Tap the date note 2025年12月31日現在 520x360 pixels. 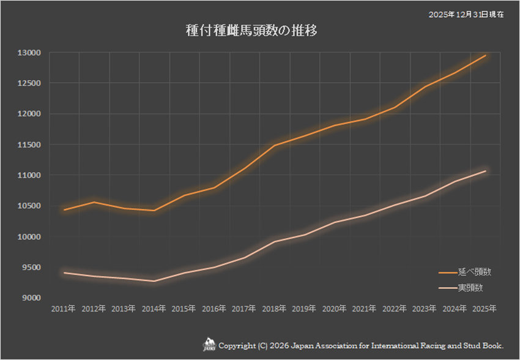pyautogui.click(x=467, y=14)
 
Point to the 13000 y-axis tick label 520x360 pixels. pyautogui.click(x=29, y=53)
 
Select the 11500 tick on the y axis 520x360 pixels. pyautogui.click(x=29, y=144)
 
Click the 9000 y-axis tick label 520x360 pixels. pyautogui.click(x=30, y=298)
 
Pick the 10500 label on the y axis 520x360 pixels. pyautogui.click(x=29, y=206)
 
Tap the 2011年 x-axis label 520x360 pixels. pyautogui.click(x=63, y=309)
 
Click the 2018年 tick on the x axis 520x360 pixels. pyautogui.click(x=274, y=309)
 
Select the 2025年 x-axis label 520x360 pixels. pyautogui.click(x=485, y=309)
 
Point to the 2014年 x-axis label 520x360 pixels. pyautogui.click(x=154, y=309)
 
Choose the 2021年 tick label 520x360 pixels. pyautogui.click(x=364, y=309)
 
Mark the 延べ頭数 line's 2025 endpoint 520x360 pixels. pyautogui.click(x=485, y=56)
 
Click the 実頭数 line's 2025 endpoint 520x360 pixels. pyautogui.click(x=485, y=171)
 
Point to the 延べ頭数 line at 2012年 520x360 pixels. pyautogui.click(x=94, y=202)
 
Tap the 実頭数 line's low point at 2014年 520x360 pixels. pyautogui.click(x=154, y=281)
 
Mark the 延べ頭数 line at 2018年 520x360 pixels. pyautogui.click(x=274, y=146)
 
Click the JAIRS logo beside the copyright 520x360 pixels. pyautogui.click(x=209, y=346)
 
